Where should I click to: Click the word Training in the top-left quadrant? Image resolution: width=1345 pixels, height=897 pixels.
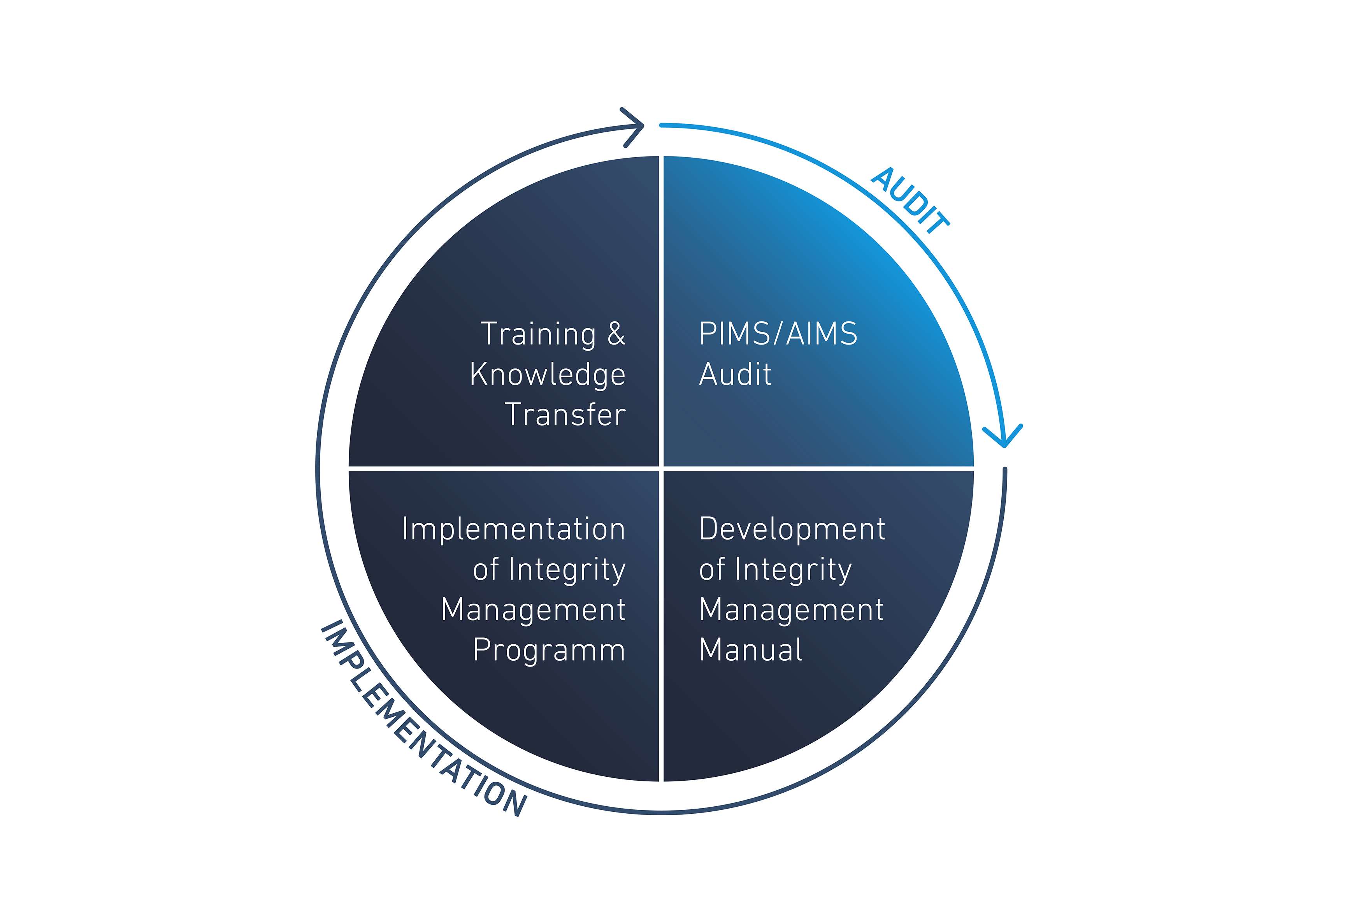click(539, 335)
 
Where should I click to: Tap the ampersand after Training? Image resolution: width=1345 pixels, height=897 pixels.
click(616, 334)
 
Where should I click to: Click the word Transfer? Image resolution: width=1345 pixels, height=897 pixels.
click(565, 414)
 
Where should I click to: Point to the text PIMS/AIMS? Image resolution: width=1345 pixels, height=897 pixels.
click(778, 334)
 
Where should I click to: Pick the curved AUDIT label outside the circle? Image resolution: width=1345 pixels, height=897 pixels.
click(910, 200)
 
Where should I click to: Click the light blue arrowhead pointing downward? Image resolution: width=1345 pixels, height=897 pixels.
click(1004, 436)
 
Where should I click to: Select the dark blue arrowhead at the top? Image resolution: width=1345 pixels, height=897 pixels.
click(633, 127)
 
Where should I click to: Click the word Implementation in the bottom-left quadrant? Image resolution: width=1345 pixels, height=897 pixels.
click(514, 529)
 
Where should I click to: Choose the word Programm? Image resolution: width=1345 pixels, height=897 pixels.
click(550, 651)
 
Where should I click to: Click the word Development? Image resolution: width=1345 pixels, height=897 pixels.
click(792, 529)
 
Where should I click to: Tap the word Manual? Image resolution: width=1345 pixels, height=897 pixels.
click(751, 650)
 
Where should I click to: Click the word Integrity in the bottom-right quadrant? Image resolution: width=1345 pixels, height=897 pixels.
click(794, 570)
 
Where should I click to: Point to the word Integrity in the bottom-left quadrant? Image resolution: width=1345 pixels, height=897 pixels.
click(567, 570)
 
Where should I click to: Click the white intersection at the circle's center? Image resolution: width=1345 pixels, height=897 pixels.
click(661, 468)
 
